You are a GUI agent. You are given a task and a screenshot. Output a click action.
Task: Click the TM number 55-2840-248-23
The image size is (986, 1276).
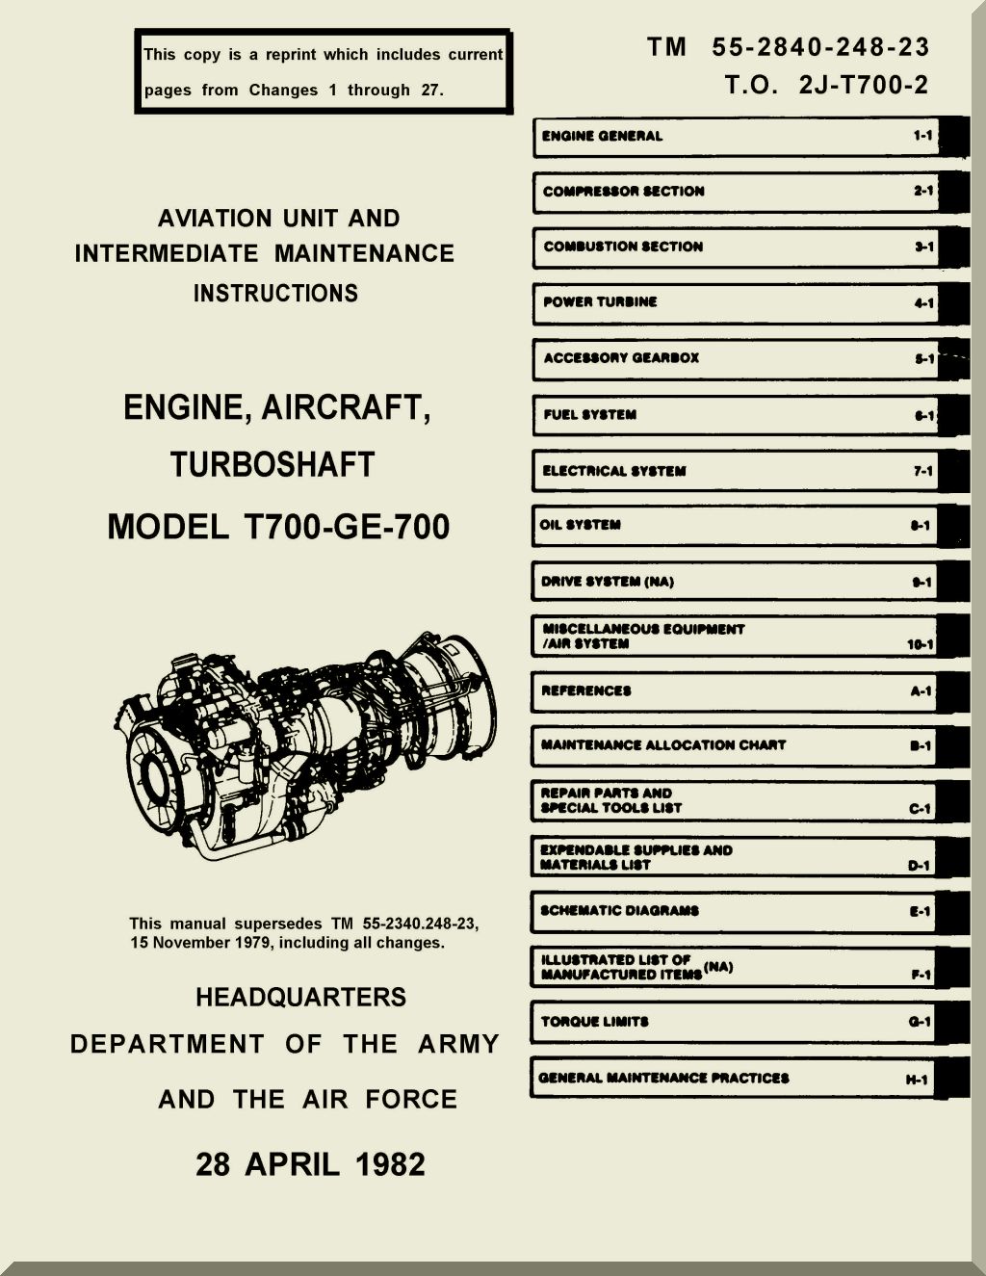pyautogui.click(x=820, y=47)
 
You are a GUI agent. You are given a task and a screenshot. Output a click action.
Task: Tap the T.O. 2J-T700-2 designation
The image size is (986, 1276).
pyautogui.click(x=826, y=86)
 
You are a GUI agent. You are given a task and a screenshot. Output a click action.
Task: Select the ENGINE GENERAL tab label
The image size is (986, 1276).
pyautogui.click(x=602, y=136)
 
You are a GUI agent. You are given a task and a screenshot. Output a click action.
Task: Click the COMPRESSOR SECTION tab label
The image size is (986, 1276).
pyautogui.click(x=623, y=192)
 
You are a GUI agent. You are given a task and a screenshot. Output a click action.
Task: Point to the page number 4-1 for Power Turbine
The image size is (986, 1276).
pyautogui.click(x=923, y=302)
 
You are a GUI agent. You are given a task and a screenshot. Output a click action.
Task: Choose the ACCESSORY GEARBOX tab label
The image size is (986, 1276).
pyautogui.click(x=621, y=358)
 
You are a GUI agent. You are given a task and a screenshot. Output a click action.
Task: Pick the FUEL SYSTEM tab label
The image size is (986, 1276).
pyautogui.click(x=589, y=415)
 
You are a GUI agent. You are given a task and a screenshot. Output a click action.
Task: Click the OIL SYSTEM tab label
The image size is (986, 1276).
pyautogui.click(x=580, y=525)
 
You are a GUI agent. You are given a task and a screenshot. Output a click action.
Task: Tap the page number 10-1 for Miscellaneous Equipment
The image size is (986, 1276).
pyautogui.click(x=920, y=644)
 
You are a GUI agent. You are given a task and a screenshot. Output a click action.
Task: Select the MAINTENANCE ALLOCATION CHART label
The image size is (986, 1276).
pyautogui.click(x=663, y=745)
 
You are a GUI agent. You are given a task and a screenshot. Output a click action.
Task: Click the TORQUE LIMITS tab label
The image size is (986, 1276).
pyautogui.click(x=594, y=1022)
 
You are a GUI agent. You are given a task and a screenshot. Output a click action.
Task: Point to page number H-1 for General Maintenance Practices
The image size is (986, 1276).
pyautogui.click(x=917, y=1080)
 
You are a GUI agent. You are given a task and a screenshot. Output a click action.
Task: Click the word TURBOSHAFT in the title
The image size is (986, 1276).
pyautogui.click(x=272, y=465)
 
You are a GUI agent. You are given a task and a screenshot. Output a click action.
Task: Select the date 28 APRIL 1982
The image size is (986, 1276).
pyautogui.click(x=310, y=1164)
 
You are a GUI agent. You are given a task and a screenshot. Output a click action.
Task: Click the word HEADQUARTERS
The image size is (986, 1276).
pyautogui.click(x=300, y=998)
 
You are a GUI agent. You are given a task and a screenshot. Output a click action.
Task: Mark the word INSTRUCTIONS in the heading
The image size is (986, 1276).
pyautogui.click(x=275, y=294)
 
